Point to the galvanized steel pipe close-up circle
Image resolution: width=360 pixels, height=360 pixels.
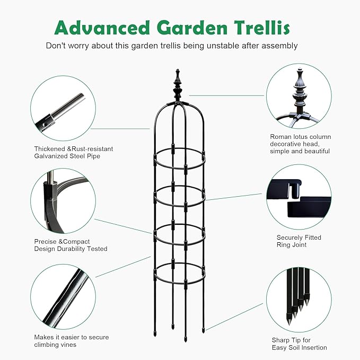[63, 108]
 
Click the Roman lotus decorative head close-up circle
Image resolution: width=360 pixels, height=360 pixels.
[298, 96]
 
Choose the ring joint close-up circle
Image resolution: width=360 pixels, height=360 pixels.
[298, 197]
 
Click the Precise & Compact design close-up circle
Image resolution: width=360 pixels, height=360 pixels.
[63, 201]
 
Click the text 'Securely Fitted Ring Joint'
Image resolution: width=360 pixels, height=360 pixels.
[298, 241]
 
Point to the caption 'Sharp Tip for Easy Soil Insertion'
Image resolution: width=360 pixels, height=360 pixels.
[298, 344]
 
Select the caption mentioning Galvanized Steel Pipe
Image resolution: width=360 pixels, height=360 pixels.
[74, 153]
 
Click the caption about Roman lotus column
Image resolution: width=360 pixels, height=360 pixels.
[300, 144]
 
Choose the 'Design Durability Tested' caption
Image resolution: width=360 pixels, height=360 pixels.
[71, 249]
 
